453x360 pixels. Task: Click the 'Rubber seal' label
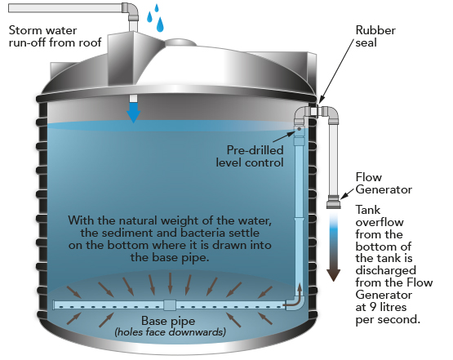click(x=375, y=37)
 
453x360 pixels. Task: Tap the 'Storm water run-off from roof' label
click(x=55, y=37)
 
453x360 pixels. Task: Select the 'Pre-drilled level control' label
click(x=250, y=156)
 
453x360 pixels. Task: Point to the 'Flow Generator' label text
click(x=384, y=183)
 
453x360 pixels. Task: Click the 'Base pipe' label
click(x=168, y=321)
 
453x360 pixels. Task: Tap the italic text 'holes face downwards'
click(x=171, y=332)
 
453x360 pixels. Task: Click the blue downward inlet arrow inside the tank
click(x=133, y=113)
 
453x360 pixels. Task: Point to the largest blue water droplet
click(x=160, y=24)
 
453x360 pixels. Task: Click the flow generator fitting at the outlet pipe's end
click(x=334, y=202)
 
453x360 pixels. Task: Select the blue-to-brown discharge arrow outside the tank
click(x=334, y=247)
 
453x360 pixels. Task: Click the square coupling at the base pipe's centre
click(x=170, y=305)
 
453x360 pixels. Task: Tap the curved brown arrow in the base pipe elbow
click(x=295, y=297)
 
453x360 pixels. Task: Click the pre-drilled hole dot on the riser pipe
click(x=300, y=129)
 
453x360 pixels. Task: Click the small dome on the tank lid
click(x=180, y=42)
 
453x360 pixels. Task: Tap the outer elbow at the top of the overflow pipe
click(x=331, y=114)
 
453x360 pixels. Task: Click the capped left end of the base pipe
click(x=54, y=305)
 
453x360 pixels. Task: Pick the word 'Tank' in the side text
click(x=367, y=210)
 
